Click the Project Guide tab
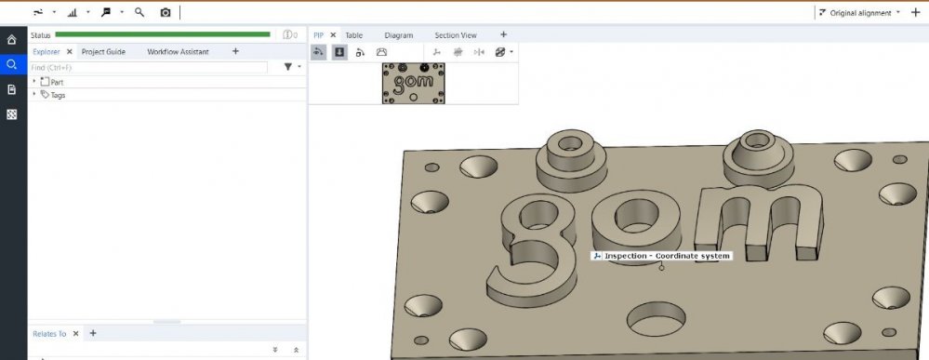(x=103, y=51)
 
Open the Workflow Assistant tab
(x=178, y=51)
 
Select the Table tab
(x=353, y=35)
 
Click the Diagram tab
(x=398, y=35)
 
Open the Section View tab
(x=455, y=35)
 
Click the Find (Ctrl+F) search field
(x=149, y=68)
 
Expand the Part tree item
(x=33, y=81)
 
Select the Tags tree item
(x=58, y=95)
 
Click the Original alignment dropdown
(x=859, y=12)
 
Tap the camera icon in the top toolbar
(x=166, y=12)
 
